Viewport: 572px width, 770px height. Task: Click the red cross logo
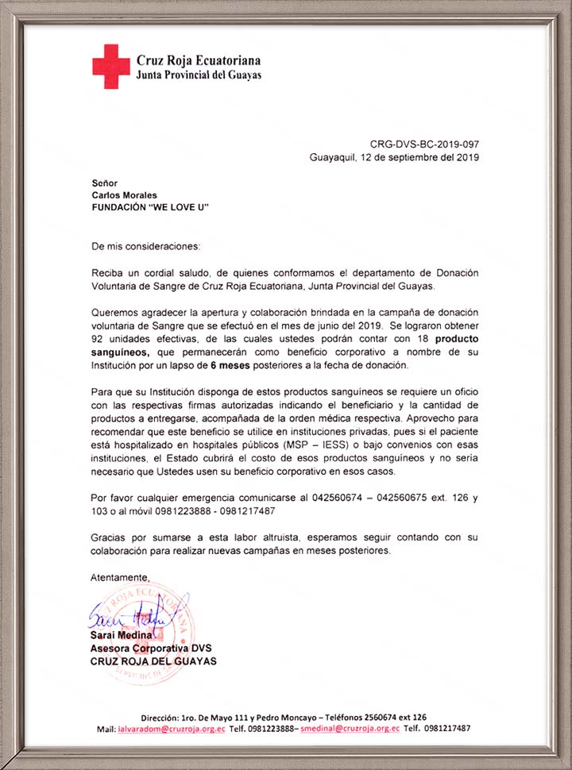point(110,66)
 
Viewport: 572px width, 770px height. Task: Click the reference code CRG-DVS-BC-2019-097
point(424,144)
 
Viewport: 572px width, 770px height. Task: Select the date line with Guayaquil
point(394,157)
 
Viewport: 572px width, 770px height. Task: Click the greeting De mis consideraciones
point(146,246)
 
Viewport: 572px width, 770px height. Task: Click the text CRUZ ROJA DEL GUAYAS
point(153,661)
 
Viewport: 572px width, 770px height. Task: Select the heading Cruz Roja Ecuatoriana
point(199,60)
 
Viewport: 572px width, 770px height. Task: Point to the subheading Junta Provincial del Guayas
point(199,75)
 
